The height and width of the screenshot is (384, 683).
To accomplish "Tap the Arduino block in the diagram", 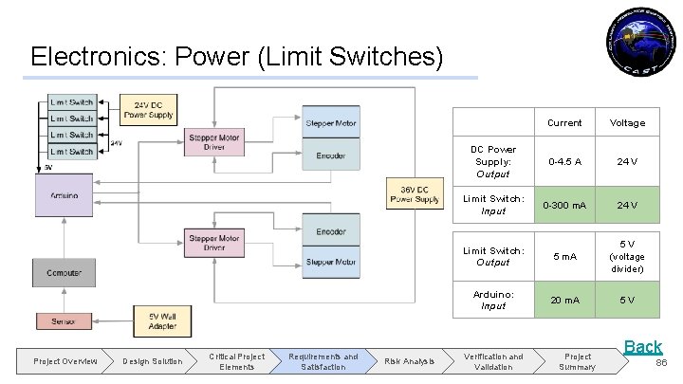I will pyautogui.click(x=65, y=200).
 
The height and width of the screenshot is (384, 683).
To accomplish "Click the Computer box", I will pyautogui.click(x=65, y=272).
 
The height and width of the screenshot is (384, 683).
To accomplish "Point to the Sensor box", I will pyautogui.click(x=65, y=322).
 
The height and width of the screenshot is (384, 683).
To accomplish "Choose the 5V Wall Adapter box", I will pyautogui.click(x=162, y=320).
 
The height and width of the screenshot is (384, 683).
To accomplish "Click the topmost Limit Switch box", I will pyautogui.click(x=72, y=102).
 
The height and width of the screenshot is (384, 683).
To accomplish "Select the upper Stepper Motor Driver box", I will pyautogui.click(x=213, y=142).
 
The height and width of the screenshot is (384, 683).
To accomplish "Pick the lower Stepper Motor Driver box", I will pyautogui.click(x=213, y=244).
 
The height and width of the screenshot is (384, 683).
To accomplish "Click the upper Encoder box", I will pyautogui.click(x=331, y=155).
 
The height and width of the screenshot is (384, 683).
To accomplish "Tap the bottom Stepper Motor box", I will pyautogui.click(x=331, y=263).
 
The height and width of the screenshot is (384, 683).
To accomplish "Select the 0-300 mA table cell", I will pyautogui.click(x=565, y=205).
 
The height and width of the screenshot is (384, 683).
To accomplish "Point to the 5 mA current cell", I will pyautogui.click(x=565, y=256).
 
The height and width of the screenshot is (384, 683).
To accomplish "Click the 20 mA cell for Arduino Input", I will pyautogui.click(x=565, y=300).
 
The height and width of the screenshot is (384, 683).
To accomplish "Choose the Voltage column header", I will pyautogui.click(x=626, y=122).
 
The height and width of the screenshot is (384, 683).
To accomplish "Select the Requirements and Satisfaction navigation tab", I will pyautogui.click(x=323, y=361).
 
